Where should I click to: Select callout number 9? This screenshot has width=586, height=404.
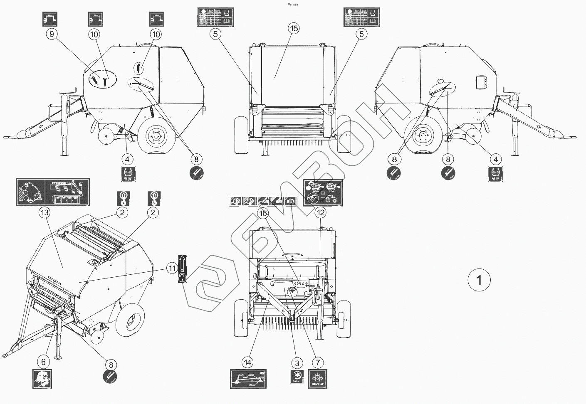(x=52, y=34)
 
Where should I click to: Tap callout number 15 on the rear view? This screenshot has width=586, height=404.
(x=294, y=28)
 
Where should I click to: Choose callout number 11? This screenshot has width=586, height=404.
(x=172, y=269)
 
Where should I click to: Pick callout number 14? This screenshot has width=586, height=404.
(x=248, y=362)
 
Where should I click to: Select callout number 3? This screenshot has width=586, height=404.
(x=297, y=363)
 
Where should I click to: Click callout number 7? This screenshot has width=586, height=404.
(x=317, y=363)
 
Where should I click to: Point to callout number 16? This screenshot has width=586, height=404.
(x=263, y=213)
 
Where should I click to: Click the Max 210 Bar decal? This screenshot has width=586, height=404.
(x=318, y=379)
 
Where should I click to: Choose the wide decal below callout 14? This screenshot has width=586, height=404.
(x=248, y=379)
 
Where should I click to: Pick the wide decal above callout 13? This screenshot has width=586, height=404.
(x=53, y=191)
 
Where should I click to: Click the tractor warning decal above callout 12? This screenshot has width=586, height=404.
(x=323, y=192)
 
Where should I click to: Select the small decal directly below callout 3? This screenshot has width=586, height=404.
(x=297, y=377)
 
